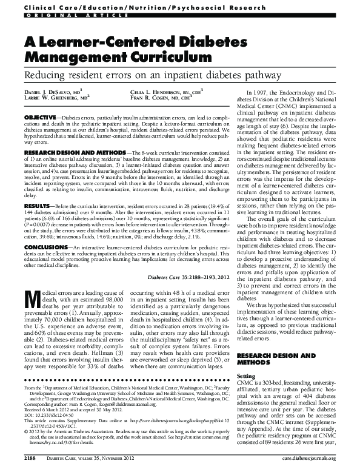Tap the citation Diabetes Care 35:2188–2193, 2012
click(x=185, y=277)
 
